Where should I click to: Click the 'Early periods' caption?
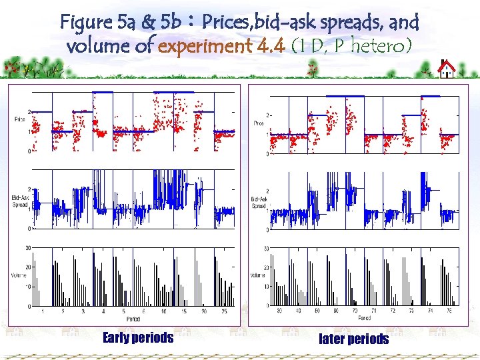click(138, 338)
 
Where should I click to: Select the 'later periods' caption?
click(353, 339)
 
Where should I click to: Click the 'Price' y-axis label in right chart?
click(259, 123)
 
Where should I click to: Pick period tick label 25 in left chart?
click(224, 311)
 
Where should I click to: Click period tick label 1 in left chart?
click(43, 311)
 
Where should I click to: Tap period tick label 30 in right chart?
click(279, 311)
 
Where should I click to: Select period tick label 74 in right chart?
click(429, 311)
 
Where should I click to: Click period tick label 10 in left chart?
click(163, 311)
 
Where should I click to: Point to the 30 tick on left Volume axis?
click(28, 248)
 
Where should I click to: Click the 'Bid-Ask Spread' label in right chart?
click(259, 203)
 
